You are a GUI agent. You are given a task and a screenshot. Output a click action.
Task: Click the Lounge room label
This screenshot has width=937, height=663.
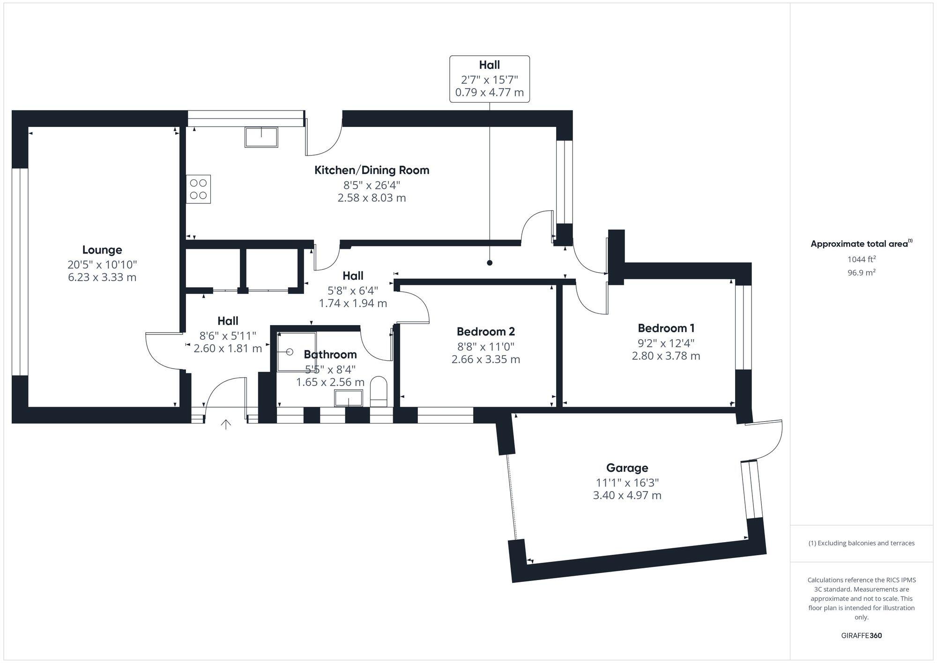pyautogui.click(x=102, y=250)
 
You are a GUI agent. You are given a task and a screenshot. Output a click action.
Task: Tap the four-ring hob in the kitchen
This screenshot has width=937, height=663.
pyautogui.click(x=198, y=189)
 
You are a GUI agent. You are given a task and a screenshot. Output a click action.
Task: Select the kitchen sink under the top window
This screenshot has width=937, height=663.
pyautogui.click(x=261, y=137)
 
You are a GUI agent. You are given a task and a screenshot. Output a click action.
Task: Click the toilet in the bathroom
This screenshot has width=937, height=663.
pyautogui.click(x=379, y=392)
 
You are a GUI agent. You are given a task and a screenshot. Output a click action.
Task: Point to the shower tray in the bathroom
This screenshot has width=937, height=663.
pyautogui.click(x=296, y=351)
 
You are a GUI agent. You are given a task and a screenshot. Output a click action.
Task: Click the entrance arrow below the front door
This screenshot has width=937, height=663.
pyautogui.click(x=226, y=425)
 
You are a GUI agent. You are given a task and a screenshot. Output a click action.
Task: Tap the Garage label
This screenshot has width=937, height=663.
pyautogui.click(x=627, y=468)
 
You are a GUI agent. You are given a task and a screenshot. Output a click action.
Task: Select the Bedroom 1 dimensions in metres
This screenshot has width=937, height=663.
pyautogui.click(x=666, y=356)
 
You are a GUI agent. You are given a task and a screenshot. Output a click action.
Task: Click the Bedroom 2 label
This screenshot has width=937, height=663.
pyautogui.click(x=485, y=332)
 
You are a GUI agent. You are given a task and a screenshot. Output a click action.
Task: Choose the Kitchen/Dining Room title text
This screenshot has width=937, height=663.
pyautogui.click(x=372, y=170)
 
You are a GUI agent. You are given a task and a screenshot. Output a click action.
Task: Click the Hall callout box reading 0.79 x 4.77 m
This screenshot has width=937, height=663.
pyautogui.click(x=489, y=79)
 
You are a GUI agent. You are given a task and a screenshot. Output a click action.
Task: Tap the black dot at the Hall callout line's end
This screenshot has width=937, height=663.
pyautogui.click(x=490, y=263)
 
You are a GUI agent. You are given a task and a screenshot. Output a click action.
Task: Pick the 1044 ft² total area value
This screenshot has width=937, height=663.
pyautogui.click(x=861, y=259)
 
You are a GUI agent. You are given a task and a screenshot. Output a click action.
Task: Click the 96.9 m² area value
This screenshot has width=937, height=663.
pyautogui.click(x=861, y=272)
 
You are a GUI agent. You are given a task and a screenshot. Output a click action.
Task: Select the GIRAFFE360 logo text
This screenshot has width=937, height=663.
pyautogui.click(x=861, y=635)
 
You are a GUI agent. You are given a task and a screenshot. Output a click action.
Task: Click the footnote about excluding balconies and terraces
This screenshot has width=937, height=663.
pyautogui.click(x=861, y=543)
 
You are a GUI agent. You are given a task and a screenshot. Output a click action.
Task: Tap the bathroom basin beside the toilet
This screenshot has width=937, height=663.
pyautogui.click(x=348, y=399)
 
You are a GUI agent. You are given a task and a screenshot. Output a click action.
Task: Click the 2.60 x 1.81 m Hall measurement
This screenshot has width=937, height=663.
pyautogui.click(x=228, y=348)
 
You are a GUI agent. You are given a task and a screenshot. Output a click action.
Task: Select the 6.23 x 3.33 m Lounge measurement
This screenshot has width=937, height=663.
pyautogui.click(x=102, y=277)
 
